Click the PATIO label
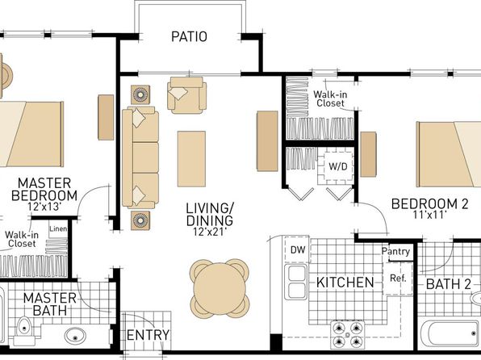point(189,36)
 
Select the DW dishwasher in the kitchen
point(298,249)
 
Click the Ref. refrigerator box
point(398,278)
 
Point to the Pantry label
point(395,252)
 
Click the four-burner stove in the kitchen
point(347,334)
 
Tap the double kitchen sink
point(295,282)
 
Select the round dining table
point(220,289)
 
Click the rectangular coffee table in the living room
point(191,159)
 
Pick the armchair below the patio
point(186,94)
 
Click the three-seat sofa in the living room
point(140,157)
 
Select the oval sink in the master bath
point(75,336)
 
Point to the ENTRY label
point(148,335)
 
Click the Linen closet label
point(58,229)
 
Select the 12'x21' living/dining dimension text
point(210,232)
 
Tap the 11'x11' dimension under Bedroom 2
point(429,215)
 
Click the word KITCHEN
point(345,283)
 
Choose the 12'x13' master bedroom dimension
point(44,207)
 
